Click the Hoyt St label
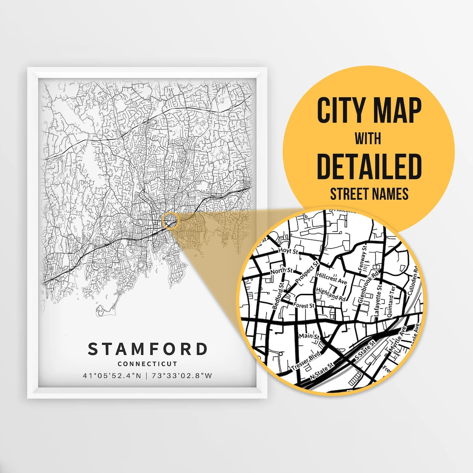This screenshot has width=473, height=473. [x=288, y=252]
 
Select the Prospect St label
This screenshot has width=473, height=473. [x=307, y=272]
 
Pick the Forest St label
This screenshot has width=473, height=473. [x=305, y=306]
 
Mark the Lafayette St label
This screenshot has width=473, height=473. [x=379, y=300]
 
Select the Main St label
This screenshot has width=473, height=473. [x=308, y=336]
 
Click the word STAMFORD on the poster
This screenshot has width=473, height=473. [x=147, y=349]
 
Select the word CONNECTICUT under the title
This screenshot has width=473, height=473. [x=147, y=364]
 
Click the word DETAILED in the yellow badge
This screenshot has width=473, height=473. [x=369, y=167]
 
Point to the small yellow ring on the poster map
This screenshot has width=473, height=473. [x=170, y=221]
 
